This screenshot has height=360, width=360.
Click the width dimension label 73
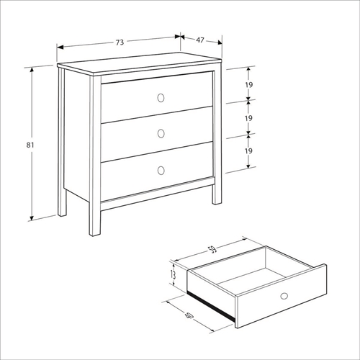pos(120,42)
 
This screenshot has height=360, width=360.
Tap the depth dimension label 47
pos(200,40)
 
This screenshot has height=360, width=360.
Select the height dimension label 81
pos(30,145)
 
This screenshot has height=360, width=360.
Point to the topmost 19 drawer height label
pos(249,85)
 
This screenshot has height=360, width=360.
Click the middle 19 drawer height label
pos(248,118)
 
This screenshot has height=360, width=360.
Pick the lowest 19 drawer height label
pos(248,151)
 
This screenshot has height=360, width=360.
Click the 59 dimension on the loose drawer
pos(213,250)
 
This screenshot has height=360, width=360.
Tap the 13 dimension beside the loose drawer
pos(173,275)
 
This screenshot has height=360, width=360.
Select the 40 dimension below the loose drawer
pos(189,315)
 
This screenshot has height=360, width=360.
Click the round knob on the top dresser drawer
pos(161,98)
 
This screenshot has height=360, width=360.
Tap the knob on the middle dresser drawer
pos(161,134)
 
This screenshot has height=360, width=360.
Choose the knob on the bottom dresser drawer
pos(161,171)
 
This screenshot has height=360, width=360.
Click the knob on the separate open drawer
pos(284,296)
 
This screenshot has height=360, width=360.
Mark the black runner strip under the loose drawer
pos(211,306)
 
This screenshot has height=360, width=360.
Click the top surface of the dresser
pos(139,62)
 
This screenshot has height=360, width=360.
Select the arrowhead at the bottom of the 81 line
pos(32,218)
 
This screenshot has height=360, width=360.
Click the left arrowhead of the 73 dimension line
pos(60,48)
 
